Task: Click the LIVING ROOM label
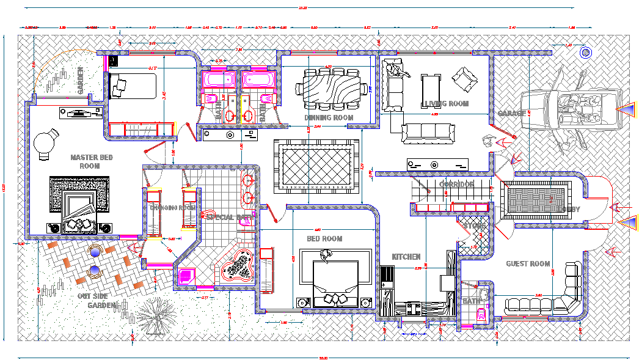click(446, 104)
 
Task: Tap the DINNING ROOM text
click(329, 117)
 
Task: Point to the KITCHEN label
click(406, 257)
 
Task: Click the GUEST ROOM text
click(528, 264)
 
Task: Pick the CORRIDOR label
click(456, 185)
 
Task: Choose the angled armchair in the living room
click(464, 78)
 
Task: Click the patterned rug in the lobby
click(535, 200)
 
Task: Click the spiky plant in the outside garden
click(157, 314)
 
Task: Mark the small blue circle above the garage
click(587, 53)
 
